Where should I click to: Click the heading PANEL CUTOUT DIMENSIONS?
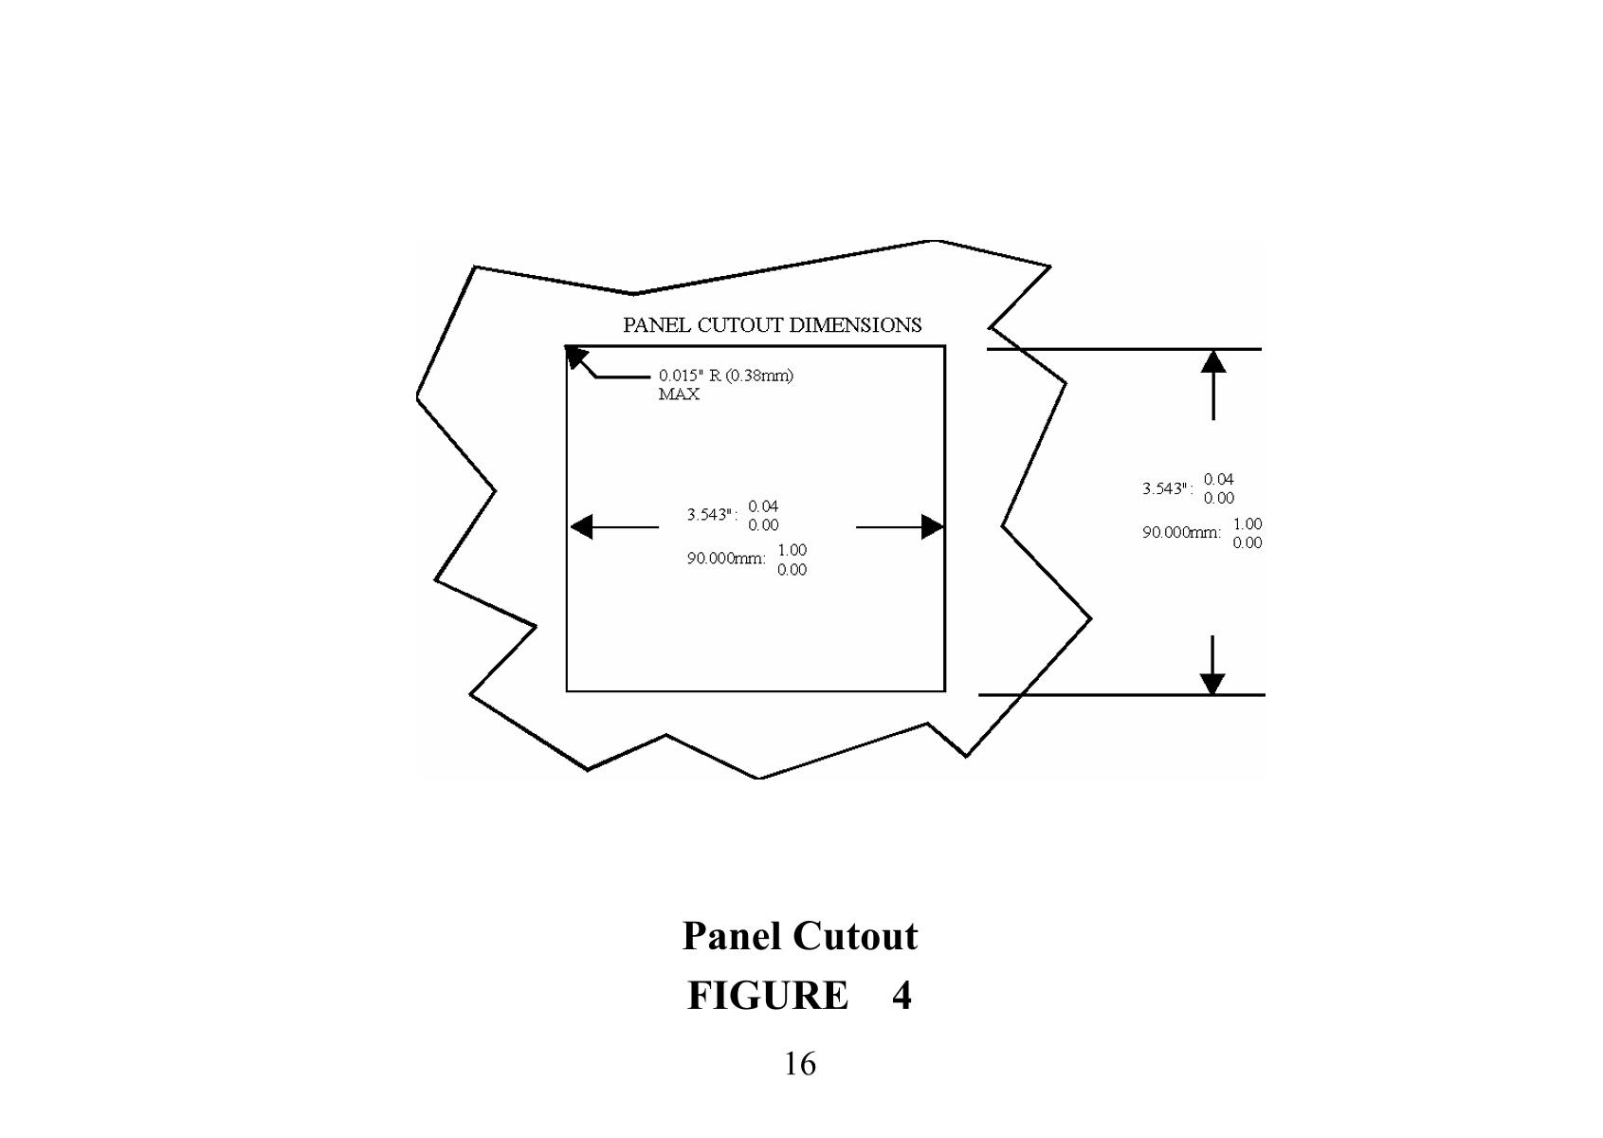(x=772, y=325)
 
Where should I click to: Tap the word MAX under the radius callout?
(x=679, y=395)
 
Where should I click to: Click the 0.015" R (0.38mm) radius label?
(x=726, y=376)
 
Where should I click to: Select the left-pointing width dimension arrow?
(x=582, y=526)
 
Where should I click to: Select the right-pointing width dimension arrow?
(x=932, y=526)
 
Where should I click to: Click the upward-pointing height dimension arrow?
(x=1212, y=362)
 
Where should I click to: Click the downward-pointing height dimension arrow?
(x=1212, y=683)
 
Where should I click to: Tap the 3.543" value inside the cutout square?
(x=711, y=515)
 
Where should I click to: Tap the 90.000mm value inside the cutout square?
(x=726, y=559)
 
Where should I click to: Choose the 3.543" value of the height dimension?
(x=1166, y=489)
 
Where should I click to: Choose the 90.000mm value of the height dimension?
(x=1181, y=533)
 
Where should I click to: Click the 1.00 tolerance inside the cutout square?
(x=792, y=550)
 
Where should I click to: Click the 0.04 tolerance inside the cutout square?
(x=763, y=506)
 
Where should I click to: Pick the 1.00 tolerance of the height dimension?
(x=1248, y=523)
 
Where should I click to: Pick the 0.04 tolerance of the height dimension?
(x=1219, y=480)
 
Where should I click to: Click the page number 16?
(x=799, y=1064)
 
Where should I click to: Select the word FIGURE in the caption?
(x=767, y=996)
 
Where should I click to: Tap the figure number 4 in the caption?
(x=901, y=996)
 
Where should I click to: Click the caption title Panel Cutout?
(x=800, y=936)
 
